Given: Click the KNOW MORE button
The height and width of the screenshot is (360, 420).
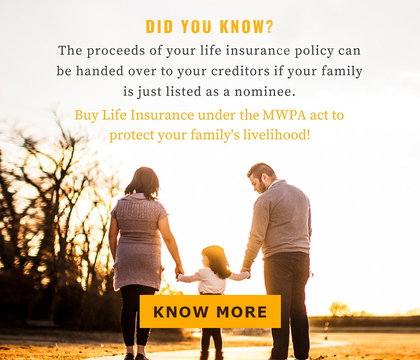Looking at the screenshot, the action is click(210, 311).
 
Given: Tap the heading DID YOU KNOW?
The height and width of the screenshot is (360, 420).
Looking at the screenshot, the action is click(209, 27).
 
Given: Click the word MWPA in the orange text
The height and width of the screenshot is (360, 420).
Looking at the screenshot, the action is click(284, 115).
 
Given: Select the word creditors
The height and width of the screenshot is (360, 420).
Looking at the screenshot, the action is click(240, 71).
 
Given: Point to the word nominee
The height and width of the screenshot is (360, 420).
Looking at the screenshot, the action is click(265, 91).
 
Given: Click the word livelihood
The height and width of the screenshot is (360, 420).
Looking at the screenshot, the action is click(277, 135).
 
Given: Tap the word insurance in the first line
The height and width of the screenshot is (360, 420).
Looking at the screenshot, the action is click(258, 50).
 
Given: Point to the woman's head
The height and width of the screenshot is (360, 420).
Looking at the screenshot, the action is click(142, 183).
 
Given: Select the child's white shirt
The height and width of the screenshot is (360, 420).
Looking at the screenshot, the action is click(213, 280).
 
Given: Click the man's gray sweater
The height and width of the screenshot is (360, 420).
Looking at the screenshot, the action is click(279, 223).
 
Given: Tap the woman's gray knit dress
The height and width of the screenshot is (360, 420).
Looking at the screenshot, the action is click(139, 241).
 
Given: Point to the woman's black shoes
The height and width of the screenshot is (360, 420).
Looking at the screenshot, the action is click(136, 356).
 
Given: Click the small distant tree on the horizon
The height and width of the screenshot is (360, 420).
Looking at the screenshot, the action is click(339, 309).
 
